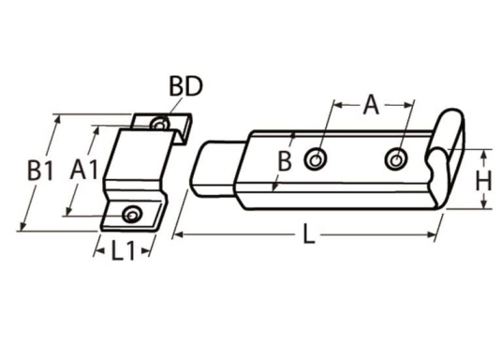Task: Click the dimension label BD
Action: pyautogui.click(x=185, y=86)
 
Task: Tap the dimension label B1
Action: pyautogui.click(x=40, y=171)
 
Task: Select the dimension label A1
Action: pyautogui.click(x=84, y=170)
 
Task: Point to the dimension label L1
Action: pyautogui.click(x=123, y=250)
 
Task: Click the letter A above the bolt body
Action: pyautogui.click(x=371, y=104)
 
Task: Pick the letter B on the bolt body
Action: pyautogui.click(x=285, y=161)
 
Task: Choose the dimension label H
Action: pyautogui.click(x=483, y=181)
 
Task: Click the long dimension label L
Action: pyautogui.click(x=308, y=234)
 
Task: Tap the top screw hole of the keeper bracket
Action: pyautogui.click(x=159, y=124)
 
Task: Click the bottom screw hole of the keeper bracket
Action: pyautogui.click(x=132, y=215)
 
